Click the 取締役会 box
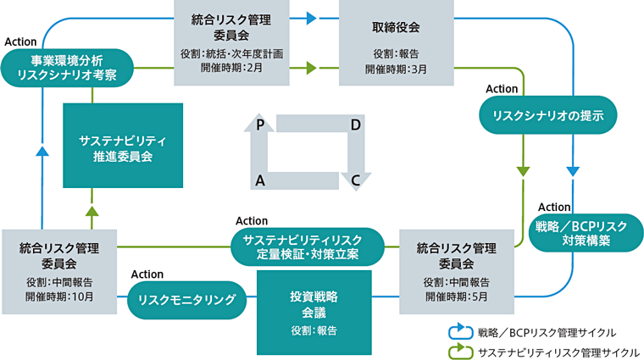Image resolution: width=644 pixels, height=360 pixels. tap(396, 42)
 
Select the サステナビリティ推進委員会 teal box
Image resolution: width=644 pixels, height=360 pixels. tap(123, 146)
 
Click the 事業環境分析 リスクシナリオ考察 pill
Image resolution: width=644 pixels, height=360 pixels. tap(67, 67)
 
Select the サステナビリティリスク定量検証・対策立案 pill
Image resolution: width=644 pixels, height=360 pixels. tap(307, 246)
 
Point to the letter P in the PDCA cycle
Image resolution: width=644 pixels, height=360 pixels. tap(262, 125)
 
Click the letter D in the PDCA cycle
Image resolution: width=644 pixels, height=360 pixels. tap(356, 125)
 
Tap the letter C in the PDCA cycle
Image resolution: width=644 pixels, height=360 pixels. tap(356, 180)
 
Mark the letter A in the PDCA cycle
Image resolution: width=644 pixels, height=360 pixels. tap(262, 180)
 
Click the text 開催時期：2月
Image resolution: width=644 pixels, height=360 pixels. tap(231, 69)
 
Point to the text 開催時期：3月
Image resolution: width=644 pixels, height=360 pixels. tap(396, 69)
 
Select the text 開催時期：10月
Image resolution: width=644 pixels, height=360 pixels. tap(58, 296)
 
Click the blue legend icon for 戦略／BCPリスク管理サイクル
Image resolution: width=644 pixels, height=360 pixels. tap(458, 331)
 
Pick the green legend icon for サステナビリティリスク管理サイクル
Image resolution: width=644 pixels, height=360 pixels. tap(458, 350)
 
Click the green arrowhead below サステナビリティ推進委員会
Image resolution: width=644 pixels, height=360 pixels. tap(92, 211)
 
